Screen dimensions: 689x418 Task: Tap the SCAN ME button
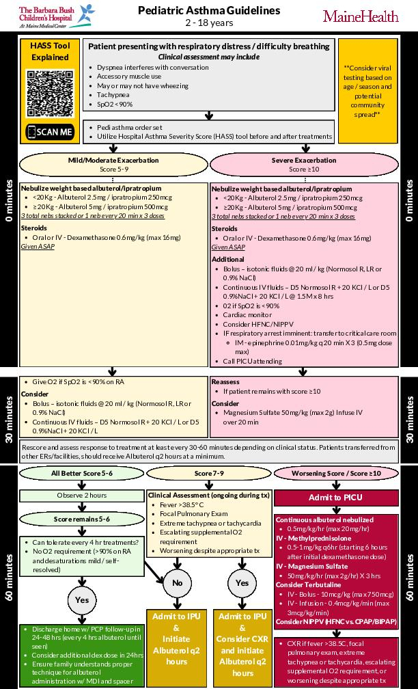[49, 131]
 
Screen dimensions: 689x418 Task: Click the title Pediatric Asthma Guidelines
[209, 11]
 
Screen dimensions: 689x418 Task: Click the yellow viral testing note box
[367, 92]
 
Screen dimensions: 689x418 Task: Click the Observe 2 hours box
[81, 496]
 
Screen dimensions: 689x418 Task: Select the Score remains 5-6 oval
[81, 519]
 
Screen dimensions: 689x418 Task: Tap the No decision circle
[178, 582]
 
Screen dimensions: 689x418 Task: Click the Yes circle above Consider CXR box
[241, 582]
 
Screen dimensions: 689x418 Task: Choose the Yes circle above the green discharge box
[81, 599]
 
